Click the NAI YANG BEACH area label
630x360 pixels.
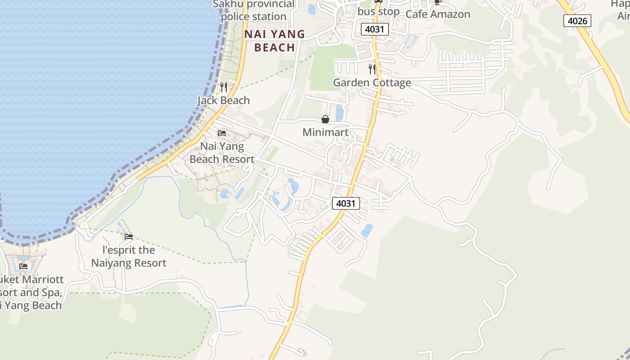pos(274,40)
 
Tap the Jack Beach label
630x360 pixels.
pos(224,100)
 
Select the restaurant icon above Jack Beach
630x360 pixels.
pos(224,87)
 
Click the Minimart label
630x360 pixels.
pos(325,132)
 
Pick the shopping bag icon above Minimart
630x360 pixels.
pos(325,119)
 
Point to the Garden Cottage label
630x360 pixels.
pos(372,83)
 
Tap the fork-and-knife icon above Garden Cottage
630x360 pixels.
pos(372,69)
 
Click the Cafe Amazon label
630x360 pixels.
pos(438,14)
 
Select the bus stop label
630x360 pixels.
pos(378,12)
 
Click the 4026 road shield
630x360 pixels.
pos(577,20)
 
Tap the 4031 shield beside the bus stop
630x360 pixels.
pos(374,29)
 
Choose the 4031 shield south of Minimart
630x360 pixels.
pos(346,203)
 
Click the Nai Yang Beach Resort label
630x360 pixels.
pos(222,153)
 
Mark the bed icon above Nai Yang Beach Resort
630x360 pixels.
pos(222,133)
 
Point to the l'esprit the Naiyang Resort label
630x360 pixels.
pos(129,256)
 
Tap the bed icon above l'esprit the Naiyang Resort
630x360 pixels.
pos(129,237)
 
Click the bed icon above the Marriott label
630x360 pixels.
pos(23,266)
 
